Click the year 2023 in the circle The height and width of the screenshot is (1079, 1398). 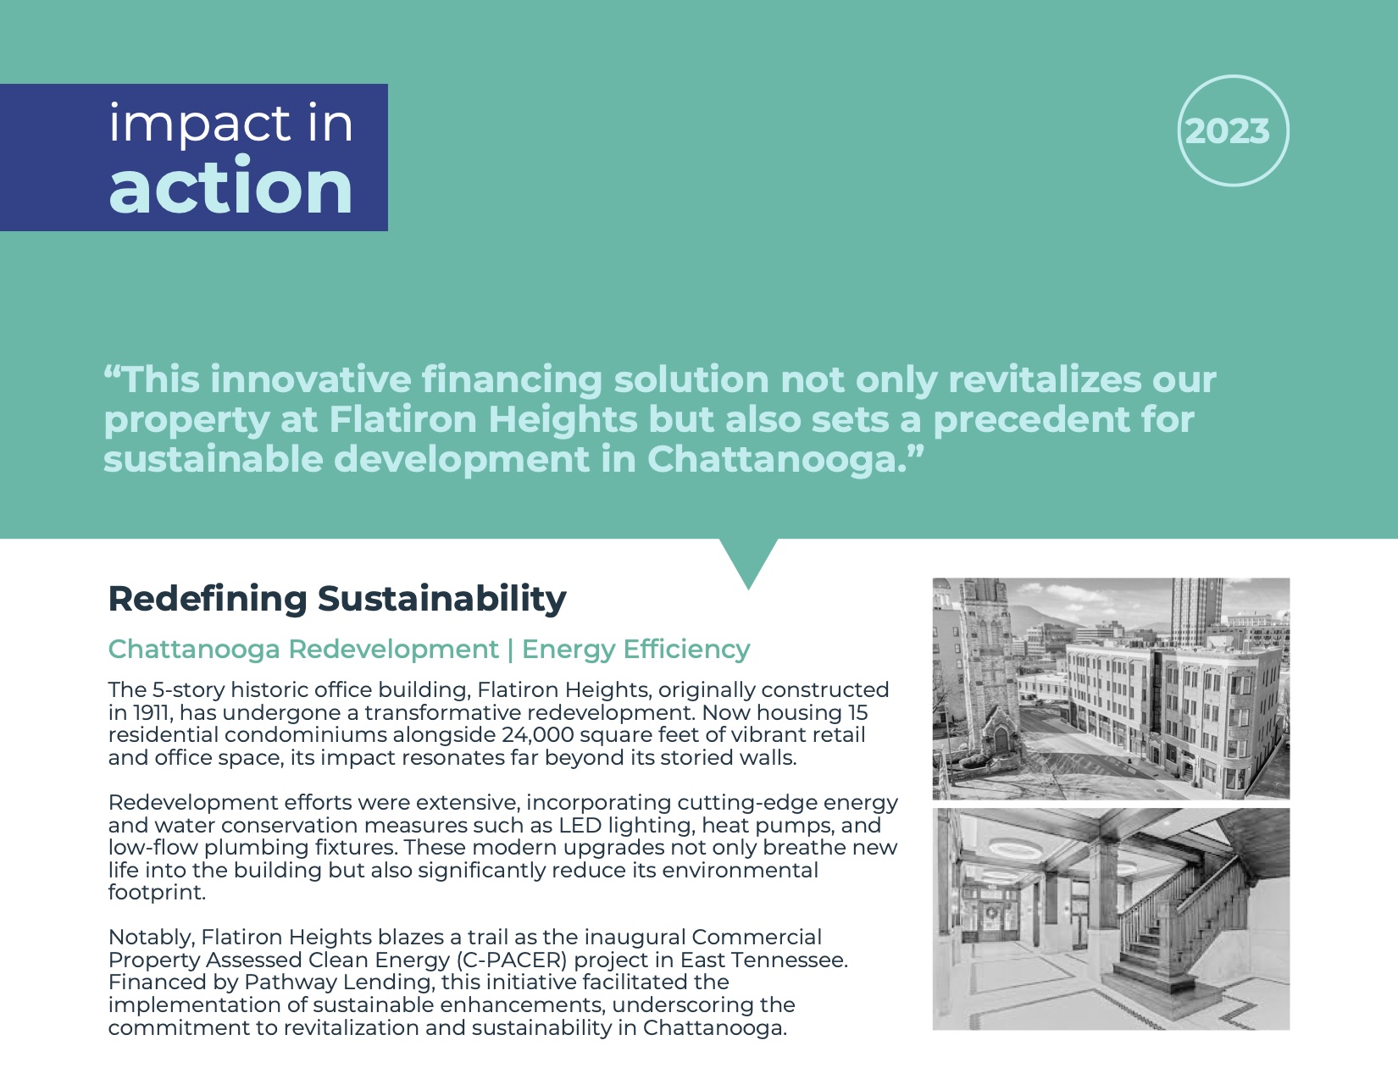click(1227, 131)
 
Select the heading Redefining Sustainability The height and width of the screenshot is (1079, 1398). click(337, 600)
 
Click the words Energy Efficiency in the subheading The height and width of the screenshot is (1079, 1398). click(635, 650)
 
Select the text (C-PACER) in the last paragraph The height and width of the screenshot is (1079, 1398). click(512, 960)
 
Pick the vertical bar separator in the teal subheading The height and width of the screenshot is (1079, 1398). click(510, 650)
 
